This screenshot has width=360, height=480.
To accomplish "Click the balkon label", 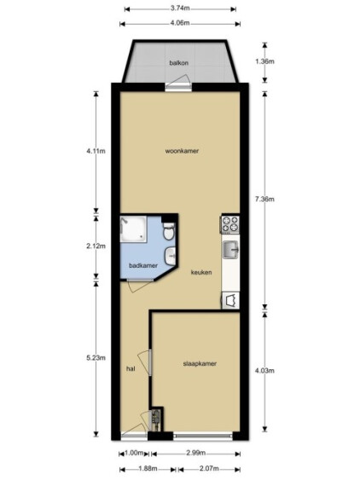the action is point(178,63).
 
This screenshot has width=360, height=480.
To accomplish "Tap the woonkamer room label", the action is point(182,151).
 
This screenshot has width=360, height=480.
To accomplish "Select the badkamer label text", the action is point(143,265).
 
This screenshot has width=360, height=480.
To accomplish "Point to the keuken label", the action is point(201,272).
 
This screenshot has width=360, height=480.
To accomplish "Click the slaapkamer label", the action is point(200,364).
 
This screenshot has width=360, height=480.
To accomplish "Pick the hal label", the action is point(131,368).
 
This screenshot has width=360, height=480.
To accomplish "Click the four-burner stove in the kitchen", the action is point(230,223).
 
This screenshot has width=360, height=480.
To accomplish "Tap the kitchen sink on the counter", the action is point(230,250).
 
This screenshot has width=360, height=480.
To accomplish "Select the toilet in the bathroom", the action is point(169,231).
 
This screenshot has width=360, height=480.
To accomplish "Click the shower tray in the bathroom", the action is point(133,228).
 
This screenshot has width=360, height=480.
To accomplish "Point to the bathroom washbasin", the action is point(171,257).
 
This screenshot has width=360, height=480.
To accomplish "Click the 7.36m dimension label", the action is point(264,200).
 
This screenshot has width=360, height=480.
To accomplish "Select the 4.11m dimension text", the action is point(96,151).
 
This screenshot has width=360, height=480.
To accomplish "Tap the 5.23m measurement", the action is point(96,357).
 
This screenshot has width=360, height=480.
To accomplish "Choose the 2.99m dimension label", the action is point(195,453).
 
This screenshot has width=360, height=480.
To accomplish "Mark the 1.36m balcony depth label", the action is point(264,61).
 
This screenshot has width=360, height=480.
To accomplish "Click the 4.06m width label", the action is point(180,23).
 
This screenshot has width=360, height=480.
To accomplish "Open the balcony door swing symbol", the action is point(177,81).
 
